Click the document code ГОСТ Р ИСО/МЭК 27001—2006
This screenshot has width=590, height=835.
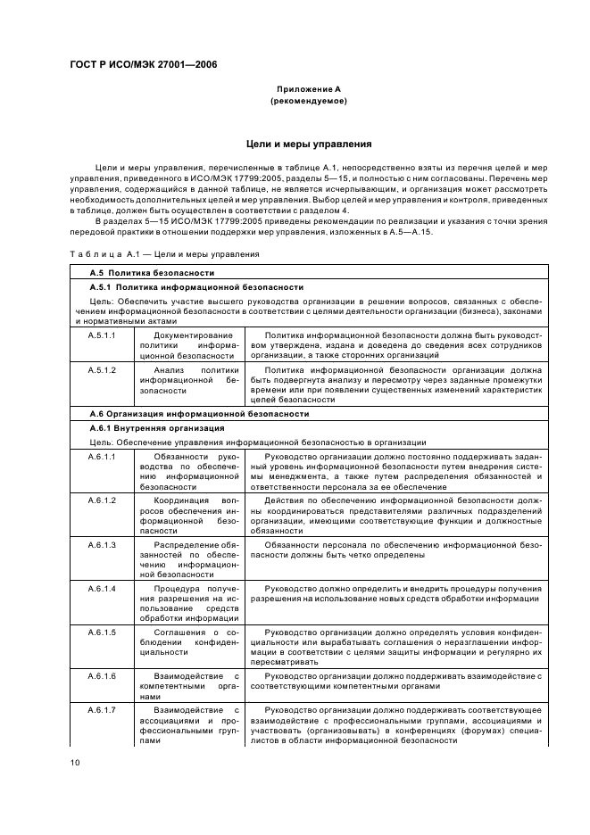coord(143,64)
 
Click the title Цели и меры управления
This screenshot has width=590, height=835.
coord(308,144)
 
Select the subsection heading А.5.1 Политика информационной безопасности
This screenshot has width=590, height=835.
coord(197,287)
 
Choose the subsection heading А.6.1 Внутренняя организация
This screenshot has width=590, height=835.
coord(157,428)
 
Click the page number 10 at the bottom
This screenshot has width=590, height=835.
coord(75,761)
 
